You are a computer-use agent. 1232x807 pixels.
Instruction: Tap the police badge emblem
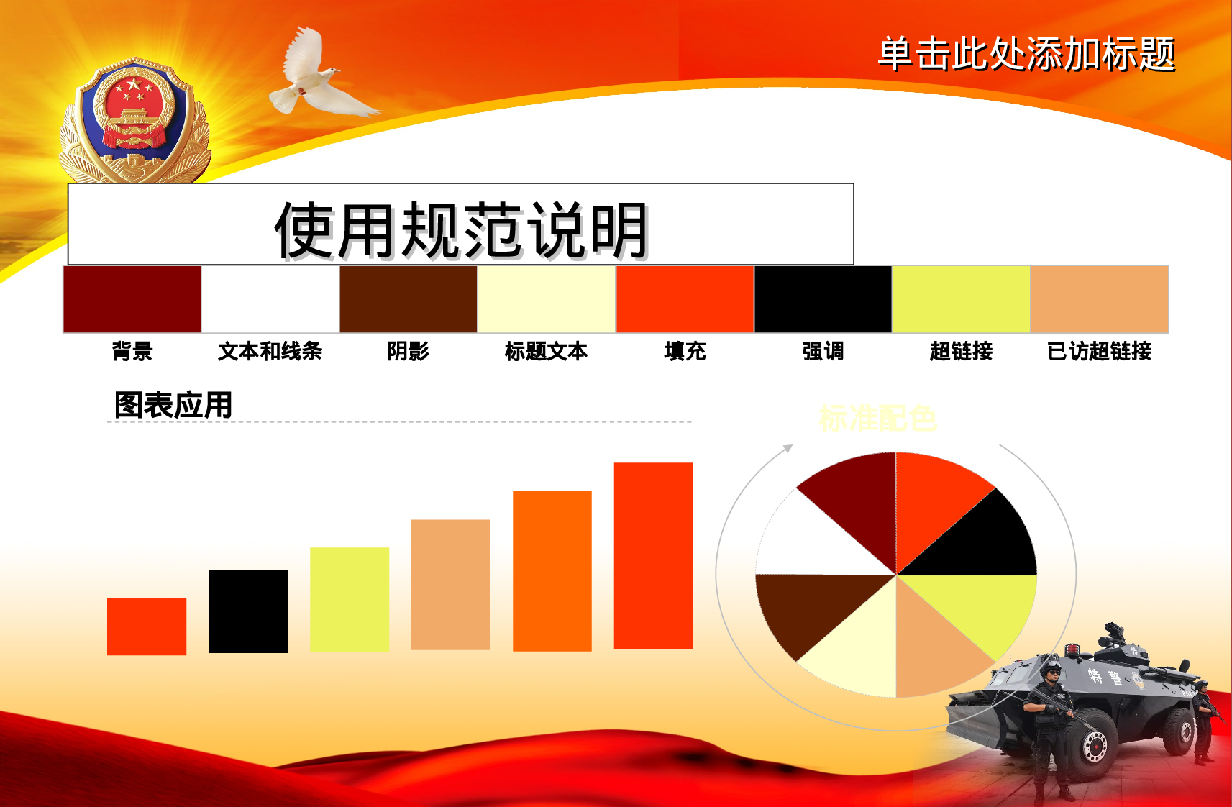(134, 122)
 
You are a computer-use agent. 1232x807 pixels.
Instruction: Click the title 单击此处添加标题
(1026, 54)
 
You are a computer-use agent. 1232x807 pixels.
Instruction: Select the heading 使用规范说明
(461, 229)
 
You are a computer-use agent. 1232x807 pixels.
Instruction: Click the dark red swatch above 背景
(132, 299)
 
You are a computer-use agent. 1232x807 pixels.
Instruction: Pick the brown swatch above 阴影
(409, 299)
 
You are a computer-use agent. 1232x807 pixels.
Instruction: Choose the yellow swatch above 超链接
(961, 299)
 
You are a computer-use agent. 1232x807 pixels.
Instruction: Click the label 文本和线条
(270, 351)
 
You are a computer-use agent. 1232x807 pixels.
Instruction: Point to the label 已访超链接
(1099, 351)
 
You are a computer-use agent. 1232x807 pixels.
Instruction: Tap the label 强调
(823, 351)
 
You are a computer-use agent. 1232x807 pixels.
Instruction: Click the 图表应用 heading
(173, 405)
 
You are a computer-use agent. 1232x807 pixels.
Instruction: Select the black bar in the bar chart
(248, 611)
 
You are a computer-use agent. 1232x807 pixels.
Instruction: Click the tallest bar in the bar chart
(653, 555)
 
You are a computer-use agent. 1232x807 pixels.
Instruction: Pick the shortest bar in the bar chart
(147, 626)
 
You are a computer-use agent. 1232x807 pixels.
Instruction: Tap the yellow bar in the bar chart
(350, 599)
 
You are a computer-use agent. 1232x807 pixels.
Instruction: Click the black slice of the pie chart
(985, 539)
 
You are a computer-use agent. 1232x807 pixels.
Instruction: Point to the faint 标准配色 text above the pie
(877, 418)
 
